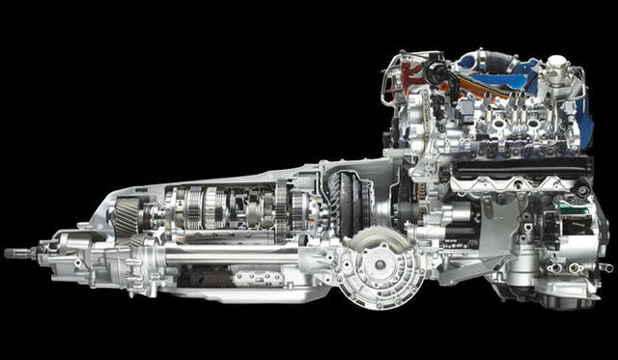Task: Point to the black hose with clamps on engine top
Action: (x=446, y=82)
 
